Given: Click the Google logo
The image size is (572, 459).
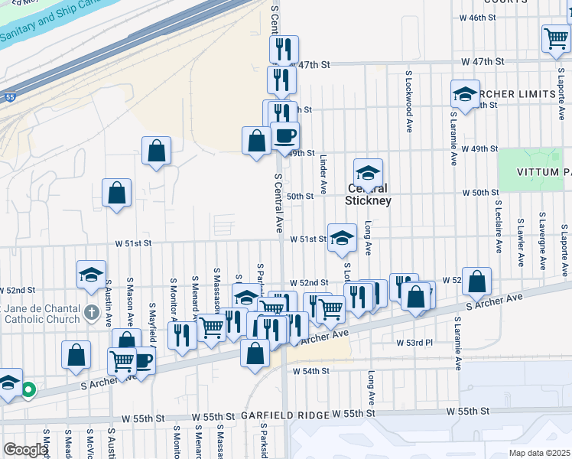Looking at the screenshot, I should (x=25, y=451).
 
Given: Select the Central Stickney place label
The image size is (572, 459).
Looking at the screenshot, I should (x=368, y=194).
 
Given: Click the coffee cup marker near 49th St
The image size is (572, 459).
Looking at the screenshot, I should (x=284, y=135).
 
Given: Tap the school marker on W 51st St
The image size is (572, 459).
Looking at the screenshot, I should (x=342, y=237).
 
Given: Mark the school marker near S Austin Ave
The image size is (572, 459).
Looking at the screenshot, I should (x=91, y=274).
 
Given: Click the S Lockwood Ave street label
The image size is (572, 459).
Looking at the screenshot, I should (x=409, y=102).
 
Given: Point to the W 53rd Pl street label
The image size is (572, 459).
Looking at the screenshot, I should (x=414, y=342).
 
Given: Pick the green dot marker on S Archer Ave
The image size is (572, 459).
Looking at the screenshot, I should (x=28, y=390).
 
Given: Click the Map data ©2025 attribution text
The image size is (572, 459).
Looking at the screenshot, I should (x=539, y=453).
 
